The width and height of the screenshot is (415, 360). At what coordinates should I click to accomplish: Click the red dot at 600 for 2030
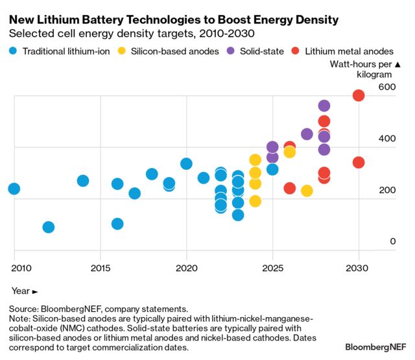pos(358,95)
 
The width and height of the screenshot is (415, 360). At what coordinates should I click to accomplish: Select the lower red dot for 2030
pos(358,162)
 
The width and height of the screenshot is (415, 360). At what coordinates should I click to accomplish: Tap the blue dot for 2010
pos(14,189)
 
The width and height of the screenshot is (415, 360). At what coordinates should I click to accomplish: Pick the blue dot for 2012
pos(48,227)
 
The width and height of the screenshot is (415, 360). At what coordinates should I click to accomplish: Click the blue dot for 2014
pos(83,181)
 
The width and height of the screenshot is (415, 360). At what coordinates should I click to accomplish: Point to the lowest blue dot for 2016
pos(117,224)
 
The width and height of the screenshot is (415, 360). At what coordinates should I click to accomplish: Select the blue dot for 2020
pos(186,163)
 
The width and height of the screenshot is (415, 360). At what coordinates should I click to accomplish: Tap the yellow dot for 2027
pos(307,191)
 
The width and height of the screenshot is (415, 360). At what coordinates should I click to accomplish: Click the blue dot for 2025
pos(272,169)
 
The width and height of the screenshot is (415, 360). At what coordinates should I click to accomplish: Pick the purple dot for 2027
pos(307,134)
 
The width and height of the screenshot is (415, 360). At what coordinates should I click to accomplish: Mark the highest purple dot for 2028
pos(324,106)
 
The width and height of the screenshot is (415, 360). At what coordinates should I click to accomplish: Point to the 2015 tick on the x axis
pos(100,268)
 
